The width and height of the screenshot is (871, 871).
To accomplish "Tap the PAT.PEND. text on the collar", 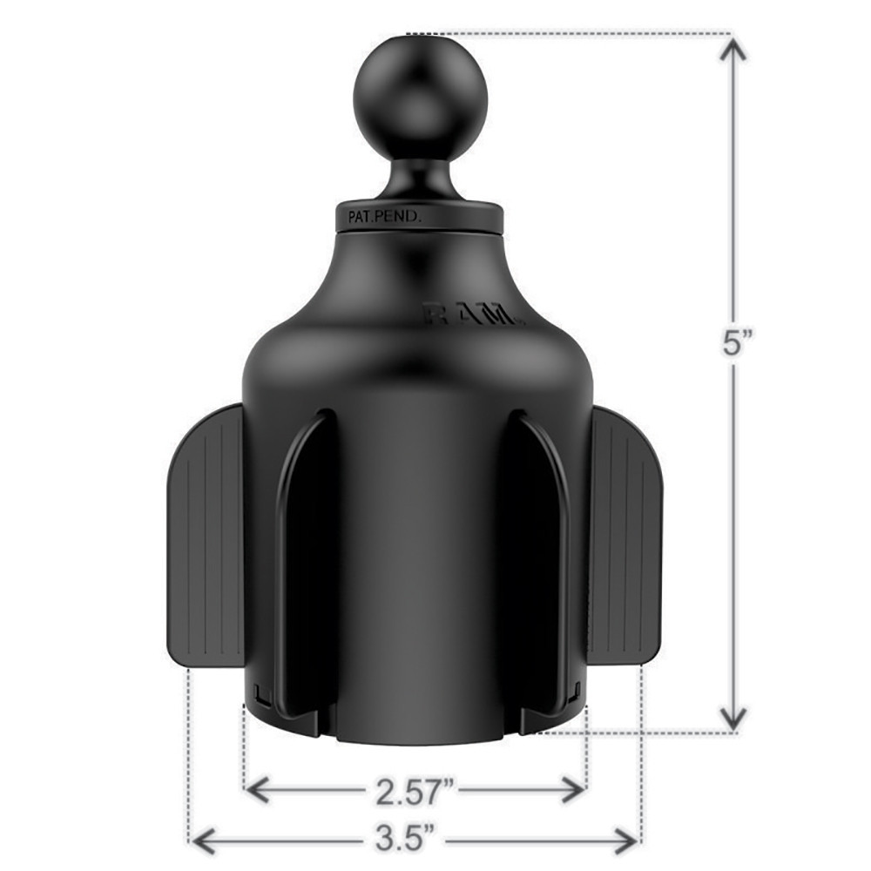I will pos(384,218).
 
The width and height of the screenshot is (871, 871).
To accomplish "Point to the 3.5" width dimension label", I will pos(415,841).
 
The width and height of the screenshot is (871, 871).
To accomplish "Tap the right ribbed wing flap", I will pos(626,533).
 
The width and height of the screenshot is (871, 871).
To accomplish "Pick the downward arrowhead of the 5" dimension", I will pos(734,717).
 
